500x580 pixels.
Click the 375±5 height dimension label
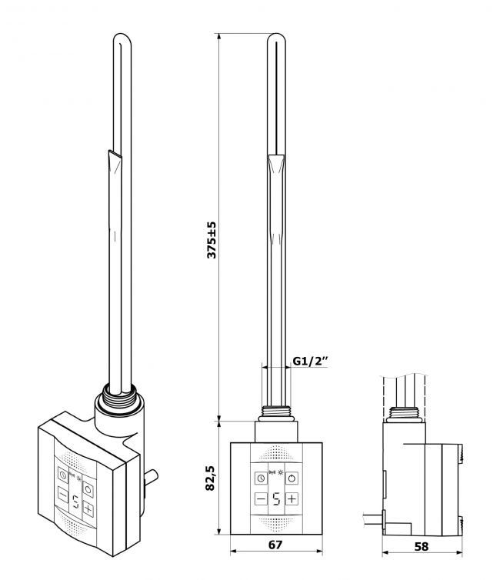click(212, 240)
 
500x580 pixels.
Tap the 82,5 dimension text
click(210, 478)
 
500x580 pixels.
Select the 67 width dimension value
click(275, 545)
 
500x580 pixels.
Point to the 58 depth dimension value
click(422, 546)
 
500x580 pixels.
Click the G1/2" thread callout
click(311, 361)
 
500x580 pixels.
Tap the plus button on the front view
click(292, 499)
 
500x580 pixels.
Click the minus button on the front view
click(261, 499)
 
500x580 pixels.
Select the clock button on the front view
click(261, 478)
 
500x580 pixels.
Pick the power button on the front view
click(292, 478)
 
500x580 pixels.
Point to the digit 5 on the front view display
click(277, 499)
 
